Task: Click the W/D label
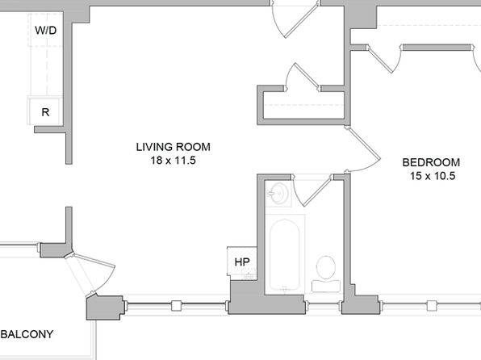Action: pos(46,31)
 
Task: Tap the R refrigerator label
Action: pos(45,112)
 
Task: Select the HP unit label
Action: pos(242,262)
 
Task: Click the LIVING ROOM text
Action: pos(174,147)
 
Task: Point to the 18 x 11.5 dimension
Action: pos(174,161)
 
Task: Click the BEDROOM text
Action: pos(431,162)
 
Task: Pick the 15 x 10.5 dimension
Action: pos(433,176)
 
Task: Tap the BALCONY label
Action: pos(27,334)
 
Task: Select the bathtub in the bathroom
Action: pos(285,254)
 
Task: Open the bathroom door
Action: pos(317,192)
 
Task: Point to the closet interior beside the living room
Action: pos(303,105)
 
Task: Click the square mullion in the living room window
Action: pos(177,306)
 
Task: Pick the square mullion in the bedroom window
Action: pos(432,306)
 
